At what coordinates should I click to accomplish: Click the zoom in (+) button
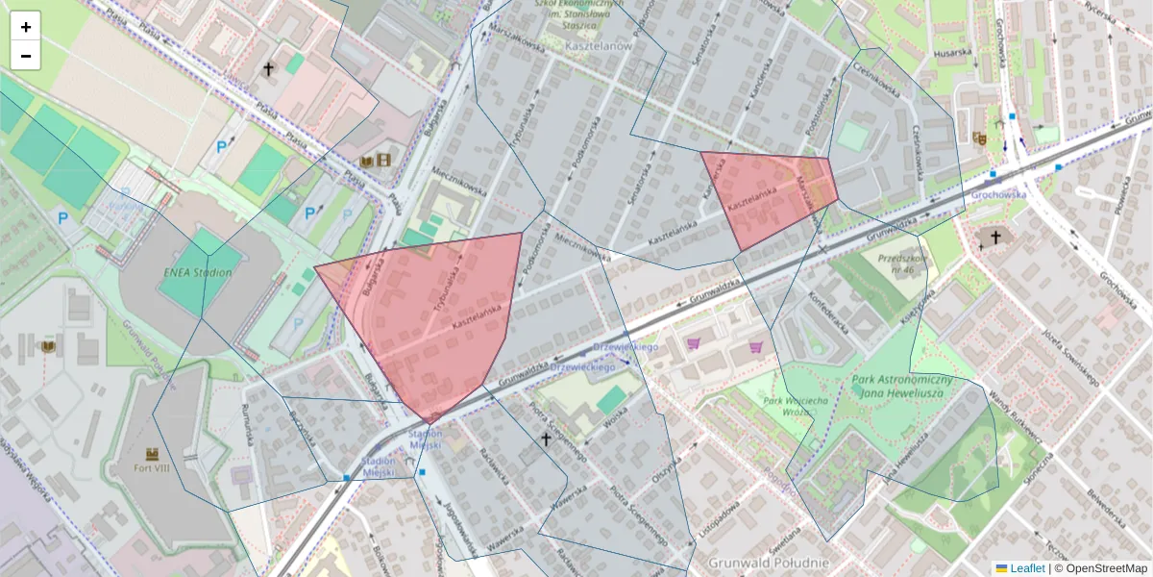(26, 27)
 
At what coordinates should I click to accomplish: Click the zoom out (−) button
(26, 56)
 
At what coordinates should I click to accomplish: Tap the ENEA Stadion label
(198, 272)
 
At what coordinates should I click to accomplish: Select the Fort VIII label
(152, 469)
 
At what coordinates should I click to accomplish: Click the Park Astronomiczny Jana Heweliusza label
(901, 386)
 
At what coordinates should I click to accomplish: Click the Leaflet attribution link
(1026, 568)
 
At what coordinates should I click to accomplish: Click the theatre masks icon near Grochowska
(979, 138)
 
